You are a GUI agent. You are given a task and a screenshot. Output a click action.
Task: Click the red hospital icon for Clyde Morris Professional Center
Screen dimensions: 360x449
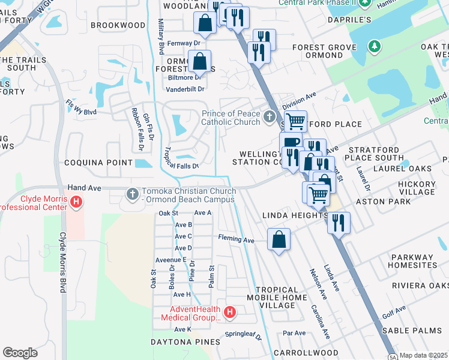76,203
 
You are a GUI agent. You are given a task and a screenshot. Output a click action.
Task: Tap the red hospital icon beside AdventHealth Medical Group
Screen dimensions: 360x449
229,312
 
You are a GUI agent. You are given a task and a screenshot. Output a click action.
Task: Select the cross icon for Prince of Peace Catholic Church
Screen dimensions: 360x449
270,115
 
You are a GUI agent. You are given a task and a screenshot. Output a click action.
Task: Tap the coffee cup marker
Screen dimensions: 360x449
291,142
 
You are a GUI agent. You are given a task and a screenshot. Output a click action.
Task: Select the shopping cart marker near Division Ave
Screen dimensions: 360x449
295,121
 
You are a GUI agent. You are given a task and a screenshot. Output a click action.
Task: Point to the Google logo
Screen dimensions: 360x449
20,353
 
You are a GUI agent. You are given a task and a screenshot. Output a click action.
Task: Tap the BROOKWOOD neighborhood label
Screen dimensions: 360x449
118,25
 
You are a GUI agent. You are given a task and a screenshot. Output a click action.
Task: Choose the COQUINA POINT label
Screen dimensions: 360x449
98,163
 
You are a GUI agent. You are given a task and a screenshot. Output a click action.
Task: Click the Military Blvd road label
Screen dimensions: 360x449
160,36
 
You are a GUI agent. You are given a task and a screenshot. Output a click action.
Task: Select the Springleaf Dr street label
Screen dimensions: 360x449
244,335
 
